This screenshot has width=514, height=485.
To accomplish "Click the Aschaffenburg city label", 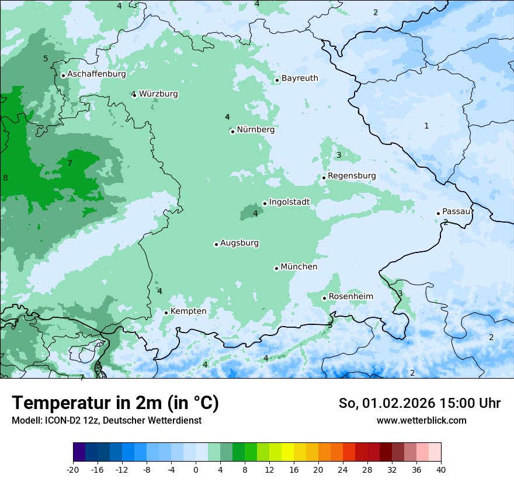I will [96, 74].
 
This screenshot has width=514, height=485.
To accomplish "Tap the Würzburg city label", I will [158, 93].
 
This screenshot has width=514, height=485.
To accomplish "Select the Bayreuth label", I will [300, 78].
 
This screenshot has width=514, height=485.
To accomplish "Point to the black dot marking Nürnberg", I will [232, 131].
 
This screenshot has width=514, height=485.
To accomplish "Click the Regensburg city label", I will [352, 176].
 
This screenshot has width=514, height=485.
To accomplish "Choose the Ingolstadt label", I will [289, 202].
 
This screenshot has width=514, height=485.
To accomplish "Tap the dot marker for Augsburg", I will [216, 244].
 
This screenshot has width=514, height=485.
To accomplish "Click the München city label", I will [299, 267].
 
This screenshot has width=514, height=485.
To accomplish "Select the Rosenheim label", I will [350, 297].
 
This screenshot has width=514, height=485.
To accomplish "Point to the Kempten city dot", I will [166, 313].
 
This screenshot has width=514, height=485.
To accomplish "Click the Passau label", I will [456, 212].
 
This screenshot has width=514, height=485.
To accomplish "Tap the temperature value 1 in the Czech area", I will [426, 126].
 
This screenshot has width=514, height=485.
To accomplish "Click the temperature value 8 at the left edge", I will [5, 178].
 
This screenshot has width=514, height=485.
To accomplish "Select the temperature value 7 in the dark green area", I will [70, 163].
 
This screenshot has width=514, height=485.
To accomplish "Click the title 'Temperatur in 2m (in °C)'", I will [115, 403].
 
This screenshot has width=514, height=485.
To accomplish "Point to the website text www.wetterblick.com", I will [421, 420].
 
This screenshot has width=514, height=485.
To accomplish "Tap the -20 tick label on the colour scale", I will [73, 470].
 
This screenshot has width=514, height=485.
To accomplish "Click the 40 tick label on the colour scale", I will [441, 470].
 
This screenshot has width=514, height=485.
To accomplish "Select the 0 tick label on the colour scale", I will [196, 470].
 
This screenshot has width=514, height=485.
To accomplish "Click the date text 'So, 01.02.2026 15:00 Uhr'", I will [419, 403].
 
